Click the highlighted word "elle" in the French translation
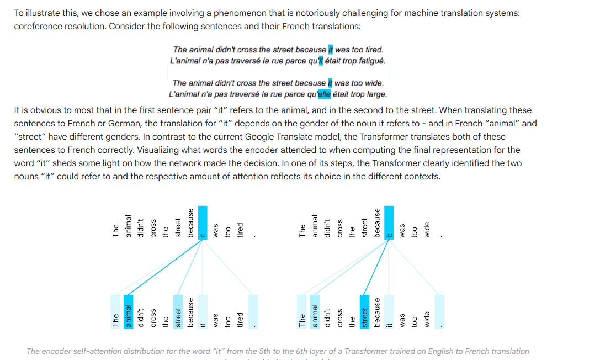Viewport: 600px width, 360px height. tap(325, 94)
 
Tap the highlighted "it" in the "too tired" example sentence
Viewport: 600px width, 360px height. tap(331, 50)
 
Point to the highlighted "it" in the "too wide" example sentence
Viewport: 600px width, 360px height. tap(330, 83)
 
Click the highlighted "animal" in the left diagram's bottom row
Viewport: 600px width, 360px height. tap(129, 316)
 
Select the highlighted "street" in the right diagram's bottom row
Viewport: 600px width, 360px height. tap(365, 316)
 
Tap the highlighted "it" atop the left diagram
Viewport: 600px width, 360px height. tap(203, 232)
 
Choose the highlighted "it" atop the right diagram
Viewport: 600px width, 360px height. tap(389, 232)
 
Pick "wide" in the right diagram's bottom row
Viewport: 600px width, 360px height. tap(427, 319)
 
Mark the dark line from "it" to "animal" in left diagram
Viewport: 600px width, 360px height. tap(166, 268)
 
